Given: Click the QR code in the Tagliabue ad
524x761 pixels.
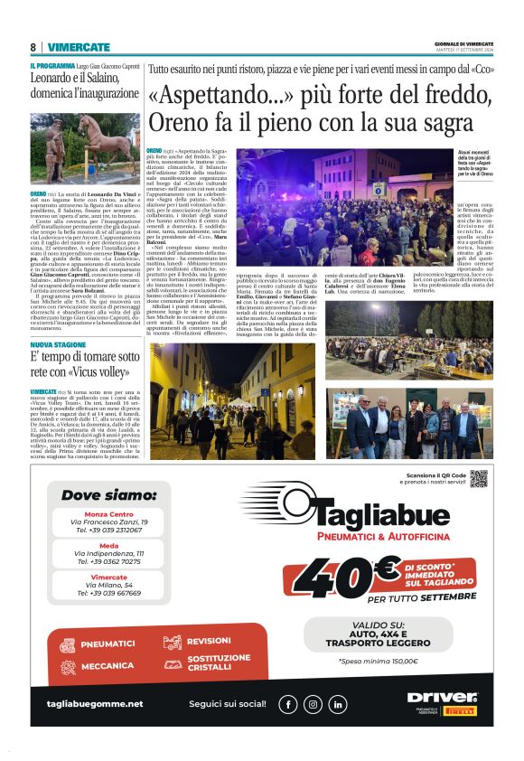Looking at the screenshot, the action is [x=478, y=478].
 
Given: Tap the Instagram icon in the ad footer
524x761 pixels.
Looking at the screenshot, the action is [x=313, y=703].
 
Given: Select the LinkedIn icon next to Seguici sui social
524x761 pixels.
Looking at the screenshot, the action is [x=337, y=703].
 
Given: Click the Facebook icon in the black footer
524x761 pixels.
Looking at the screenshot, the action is [x=288, y=703].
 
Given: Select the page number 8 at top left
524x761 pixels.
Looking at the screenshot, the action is [x=33, y=47].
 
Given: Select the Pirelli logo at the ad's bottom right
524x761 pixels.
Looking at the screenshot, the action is [x=460, y=710].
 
